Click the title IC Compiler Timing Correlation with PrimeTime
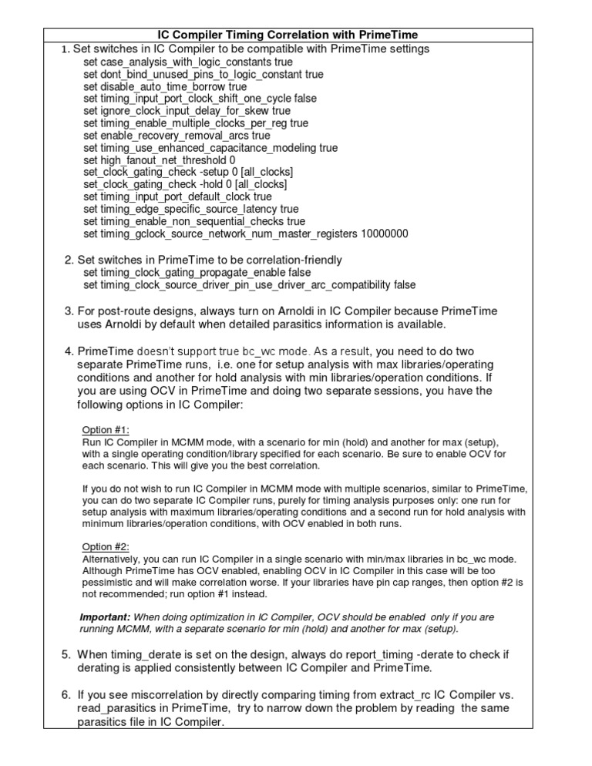[296, 35]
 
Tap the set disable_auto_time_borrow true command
[165, 86]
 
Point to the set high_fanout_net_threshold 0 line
[160, 160]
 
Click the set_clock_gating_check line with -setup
[188, 173]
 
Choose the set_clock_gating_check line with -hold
[185, 185]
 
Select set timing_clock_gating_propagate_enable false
[197, 272]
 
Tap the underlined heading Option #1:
[106, 428]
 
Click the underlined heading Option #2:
[106, 546]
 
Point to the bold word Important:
[106, 617]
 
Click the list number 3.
[68, 311]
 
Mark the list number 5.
[66, 654]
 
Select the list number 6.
[66, 696]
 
